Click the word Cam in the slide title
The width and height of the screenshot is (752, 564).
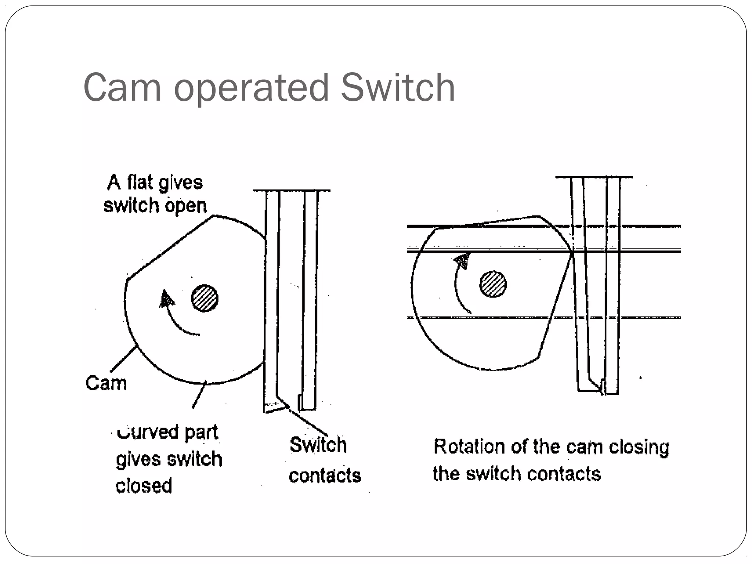(x=122, y=87)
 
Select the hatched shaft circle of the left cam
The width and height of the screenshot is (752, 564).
(x=205, y=298)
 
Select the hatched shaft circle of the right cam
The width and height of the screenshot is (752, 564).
(x=493, y=284)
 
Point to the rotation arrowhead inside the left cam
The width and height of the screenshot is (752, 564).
(x=166, y=299)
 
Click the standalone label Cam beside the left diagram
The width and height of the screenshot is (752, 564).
(x=106, y=383)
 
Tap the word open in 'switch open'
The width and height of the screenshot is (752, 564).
(x=186, y=206)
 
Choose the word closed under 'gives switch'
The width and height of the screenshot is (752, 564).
(x=144, y=485)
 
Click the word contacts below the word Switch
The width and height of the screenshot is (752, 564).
(x=325, y=476)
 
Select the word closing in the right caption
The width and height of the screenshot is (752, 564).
(x=639, y=448)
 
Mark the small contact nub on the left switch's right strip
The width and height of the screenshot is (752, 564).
(x=300, y=402)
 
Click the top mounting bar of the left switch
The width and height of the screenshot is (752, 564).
(x=292, y=191)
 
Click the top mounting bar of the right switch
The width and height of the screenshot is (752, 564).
(x=594, y=177)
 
